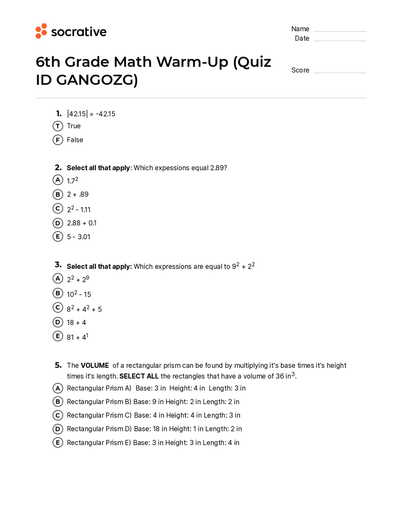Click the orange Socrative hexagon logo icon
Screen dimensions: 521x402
[41, 31]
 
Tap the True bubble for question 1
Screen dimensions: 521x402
[58, 126]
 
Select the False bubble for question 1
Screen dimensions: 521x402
[58, 140]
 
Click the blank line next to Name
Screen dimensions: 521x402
[340, 31]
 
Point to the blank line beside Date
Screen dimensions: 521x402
[340, 40]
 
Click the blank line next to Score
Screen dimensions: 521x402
[340, 72]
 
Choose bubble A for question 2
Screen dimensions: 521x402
[58, 180]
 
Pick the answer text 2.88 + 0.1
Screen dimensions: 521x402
[82, 223]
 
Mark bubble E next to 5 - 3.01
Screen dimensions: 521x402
[58, 236]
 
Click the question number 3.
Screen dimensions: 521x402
[58, 265]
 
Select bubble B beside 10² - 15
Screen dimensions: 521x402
[58, 293]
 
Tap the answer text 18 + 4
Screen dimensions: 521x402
[76, 323]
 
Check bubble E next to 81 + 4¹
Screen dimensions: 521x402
[58, 336]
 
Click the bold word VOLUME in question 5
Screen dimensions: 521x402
[95, 365]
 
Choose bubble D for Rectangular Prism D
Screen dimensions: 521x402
[58, 429]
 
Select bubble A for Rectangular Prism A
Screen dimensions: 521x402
[58, 388]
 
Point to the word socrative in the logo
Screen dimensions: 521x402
[79, 32]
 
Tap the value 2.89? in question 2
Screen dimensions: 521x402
[218, 168]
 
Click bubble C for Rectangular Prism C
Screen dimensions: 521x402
[58, 415]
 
